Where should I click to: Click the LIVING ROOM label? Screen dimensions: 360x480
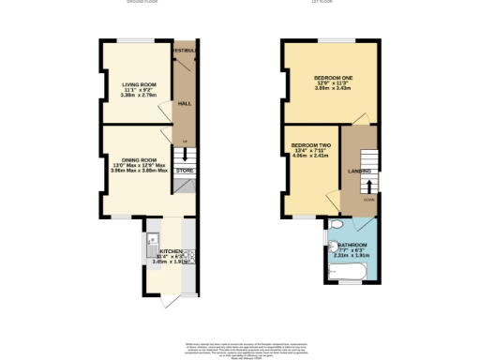click(138, 84)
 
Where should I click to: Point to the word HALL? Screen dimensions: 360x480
click(185, 103)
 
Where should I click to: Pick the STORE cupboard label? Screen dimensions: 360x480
click(185, 171)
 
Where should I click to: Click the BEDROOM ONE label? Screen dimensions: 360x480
click(332, 77)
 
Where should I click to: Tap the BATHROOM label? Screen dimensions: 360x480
click(353, 246)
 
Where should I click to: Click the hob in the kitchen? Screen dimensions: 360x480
click(188, 256)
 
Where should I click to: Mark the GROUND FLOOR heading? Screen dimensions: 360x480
click(144, 3)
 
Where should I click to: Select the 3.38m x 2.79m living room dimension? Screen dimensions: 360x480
click(138, 96)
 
